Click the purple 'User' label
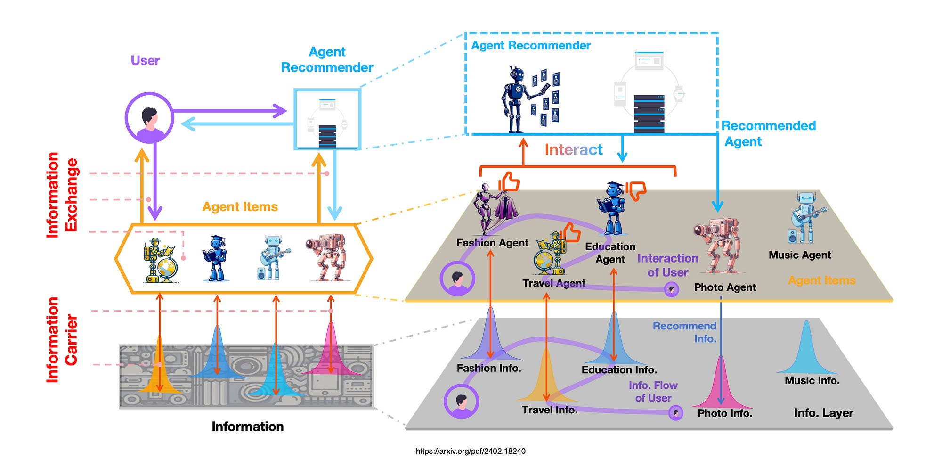145,60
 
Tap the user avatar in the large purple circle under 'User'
149,118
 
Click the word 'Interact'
573,149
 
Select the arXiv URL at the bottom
470,451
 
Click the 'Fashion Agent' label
492,243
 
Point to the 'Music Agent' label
799,255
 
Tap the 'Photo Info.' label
724,413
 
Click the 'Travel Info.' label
549,410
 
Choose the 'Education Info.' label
619,369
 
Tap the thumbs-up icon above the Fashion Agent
510,182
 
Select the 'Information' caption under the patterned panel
247,427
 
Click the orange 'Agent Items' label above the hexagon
240,207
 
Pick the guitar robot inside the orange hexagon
273,258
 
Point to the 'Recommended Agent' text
768,133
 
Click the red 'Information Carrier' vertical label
61,339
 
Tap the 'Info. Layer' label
823,413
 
